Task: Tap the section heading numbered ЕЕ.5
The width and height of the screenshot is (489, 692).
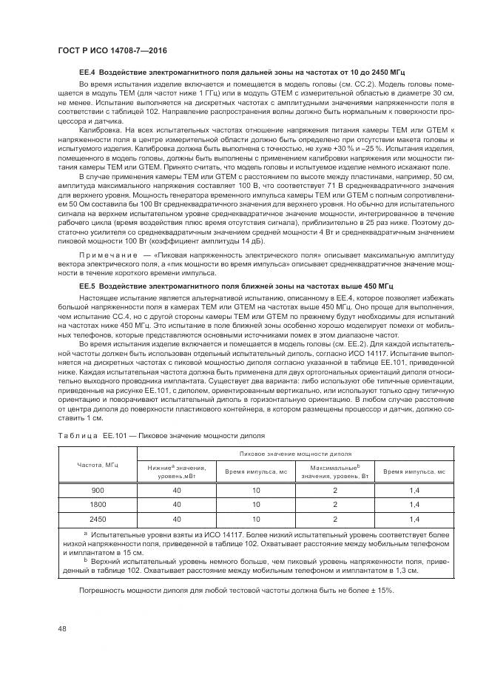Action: [x=237, y=285]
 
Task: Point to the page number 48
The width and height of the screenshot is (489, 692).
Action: [x=61, y=628]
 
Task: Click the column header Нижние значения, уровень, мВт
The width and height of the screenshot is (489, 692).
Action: [x=177, y=471]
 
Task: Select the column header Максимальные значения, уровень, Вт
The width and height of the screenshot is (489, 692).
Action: [x=334, y=471]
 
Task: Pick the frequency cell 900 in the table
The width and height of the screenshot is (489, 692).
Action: [x=97, y=490]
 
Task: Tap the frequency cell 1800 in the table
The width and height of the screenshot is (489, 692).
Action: [x=97, y=504]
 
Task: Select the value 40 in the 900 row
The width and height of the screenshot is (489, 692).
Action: [x=177, y=490]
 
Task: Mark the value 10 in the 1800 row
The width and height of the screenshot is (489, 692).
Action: [x=256, y=504]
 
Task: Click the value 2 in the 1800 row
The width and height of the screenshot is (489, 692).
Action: [x=334, y=504]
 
